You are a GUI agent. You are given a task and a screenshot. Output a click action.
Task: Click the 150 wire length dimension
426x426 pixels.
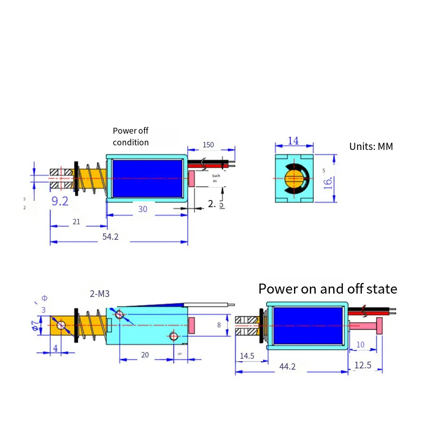pyautogui.click(x=208, y=145)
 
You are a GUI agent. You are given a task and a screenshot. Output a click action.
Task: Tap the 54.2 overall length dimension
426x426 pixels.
pyautogui.click(x=110, y=237)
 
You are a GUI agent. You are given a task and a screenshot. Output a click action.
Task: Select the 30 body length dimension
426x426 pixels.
pyautogui.click(x=143, y=209)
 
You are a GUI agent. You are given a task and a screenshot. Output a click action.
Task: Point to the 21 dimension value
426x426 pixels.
pyautogui.click(x=76, y=222)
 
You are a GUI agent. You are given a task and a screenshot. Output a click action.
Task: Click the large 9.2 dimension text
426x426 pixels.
pyautogui.click(x=60, y=201)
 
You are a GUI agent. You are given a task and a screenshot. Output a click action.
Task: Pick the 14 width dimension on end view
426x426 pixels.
pyautogui.click(x=293, y=141)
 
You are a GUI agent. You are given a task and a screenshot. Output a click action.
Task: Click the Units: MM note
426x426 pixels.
pyautogui.click(x=371, y=147)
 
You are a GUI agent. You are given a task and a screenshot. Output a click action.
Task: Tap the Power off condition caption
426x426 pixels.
pyautogui.click(x=131, y=137)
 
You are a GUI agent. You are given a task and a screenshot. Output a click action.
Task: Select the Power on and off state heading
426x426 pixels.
pyautogui.click(x=327, y=289)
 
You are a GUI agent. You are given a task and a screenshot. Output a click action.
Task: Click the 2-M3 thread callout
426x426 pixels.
pyautogui.click(x=99, y=294)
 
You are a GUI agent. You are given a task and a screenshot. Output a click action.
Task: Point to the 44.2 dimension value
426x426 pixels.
pyautogui.click(x=287, y=367)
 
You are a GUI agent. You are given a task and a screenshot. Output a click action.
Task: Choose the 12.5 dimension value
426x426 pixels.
pyautogui.click(x=363, y=365)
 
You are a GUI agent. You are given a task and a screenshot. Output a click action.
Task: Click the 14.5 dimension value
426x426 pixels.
pyautogui.click(x=247, y=356)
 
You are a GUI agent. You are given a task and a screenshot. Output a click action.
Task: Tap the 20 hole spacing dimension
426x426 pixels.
pyautogui.click(x=145, y=355)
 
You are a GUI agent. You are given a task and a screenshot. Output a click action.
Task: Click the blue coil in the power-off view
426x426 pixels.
pyautogui.click(x=147, y=179)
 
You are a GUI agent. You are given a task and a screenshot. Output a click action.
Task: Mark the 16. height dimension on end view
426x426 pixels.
pyautogui.click(x=329, y=183)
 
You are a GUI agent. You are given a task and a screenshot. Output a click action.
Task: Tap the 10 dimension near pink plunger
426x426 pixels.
pyautogui.click(x=360, y=345)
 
